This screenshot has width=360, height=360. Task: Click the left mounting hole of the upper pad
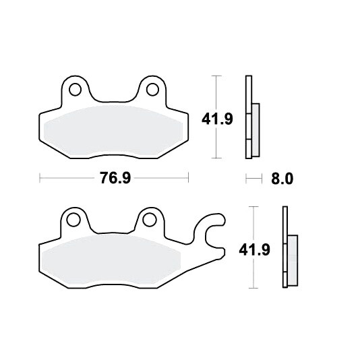[x=75, y=89]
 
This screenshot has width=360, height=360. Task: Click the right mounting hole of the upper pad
[x=152, y=89]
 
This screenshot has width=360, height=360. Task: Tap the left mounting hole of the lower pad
[x=73, y=220]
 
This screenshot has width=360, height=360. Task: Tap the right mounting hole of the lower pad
[x=149, y=220]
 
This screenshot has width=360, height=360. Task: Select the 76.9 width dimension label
[x=115, y=178]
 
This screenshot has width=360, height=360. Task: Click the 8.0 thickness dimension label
[x=282, y=179]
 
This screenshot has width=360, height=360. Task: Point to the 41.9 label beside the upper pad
[x=217, y=119]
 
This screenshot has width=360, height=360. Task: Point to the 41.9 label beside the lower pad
[x=254, y=250]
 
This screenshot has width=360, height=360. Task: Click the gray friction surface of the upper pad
[x=113, y=131]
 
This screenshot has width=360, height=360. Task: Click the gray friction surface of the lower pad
[x=112, y=260]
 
